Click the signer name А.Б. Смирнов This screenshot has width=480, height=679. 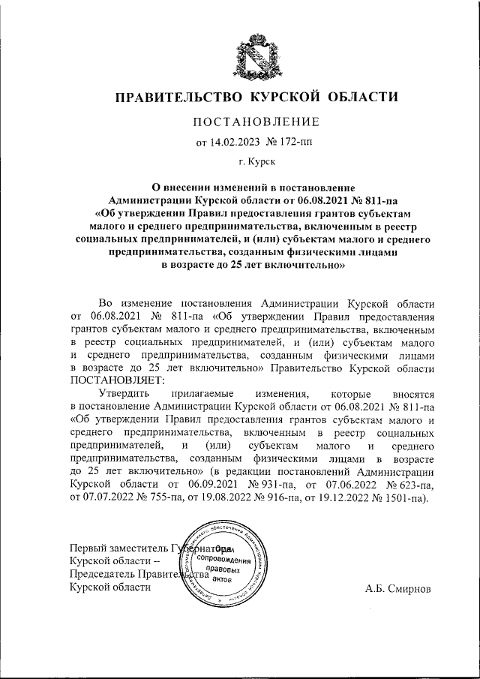(x=398, y=588)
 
